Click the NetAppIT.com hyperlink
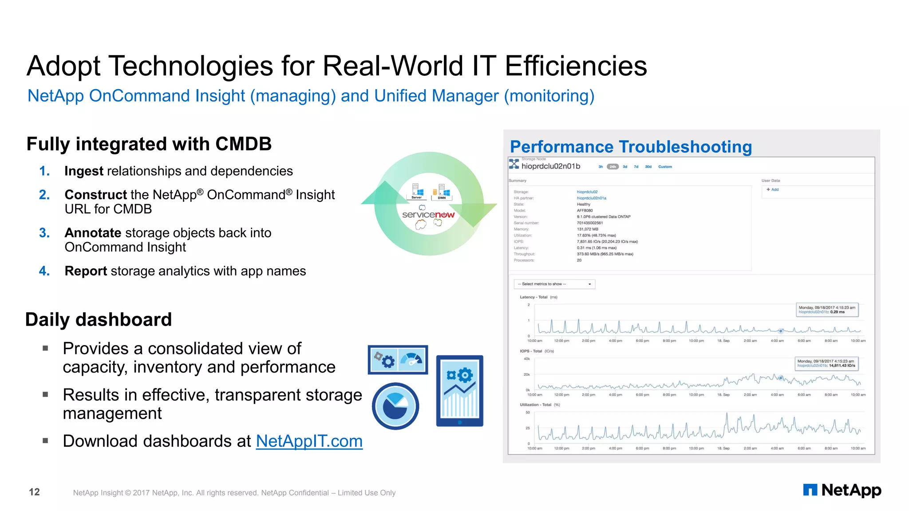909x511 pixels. click(309, 441)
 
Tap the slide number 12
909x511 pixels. click(34, 492)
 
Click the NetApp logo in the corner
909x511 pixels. click(842, 490)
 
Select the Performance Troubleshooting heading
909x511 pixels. click(631, 147)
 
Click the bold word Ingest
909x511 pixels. click(84, 171)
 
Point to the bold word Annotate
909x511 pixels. click(93, 233)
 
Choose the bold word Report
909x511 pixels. click(86, 271)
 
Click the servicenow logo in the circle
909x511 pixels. click(428, 215)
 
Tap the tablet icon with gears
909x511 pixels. click(459, 391)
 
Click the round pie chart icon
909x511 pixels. click(395, 406)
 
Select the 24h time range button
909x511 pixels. click(613, 167)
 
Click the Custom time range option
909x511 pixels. click(665, 167)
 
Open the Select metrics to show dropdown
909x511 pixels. click(554, 284)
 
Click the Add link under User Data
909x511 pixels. click(773, 189)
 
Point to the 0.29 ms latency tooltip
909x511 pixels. click(827, 310)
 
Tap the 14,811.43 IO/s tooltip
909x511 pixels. click(826, 363)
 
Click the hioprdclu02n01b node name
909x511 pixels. click(551, 166)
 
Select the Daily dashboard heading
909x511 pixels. click(99, 320)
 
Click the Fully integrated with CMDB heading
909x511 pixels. click(149, 144)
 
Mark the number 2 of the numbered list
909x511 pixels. click(44, 195)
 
